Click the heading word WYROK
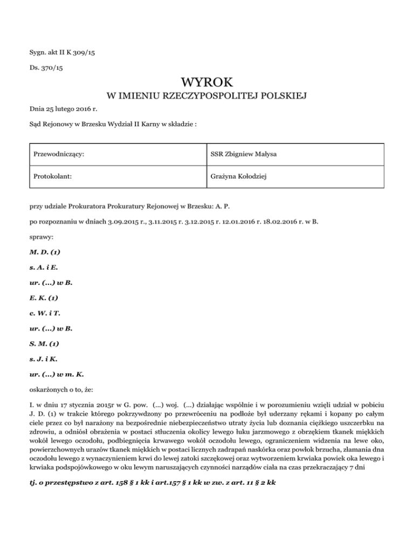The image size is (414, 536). pos(207,83)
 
